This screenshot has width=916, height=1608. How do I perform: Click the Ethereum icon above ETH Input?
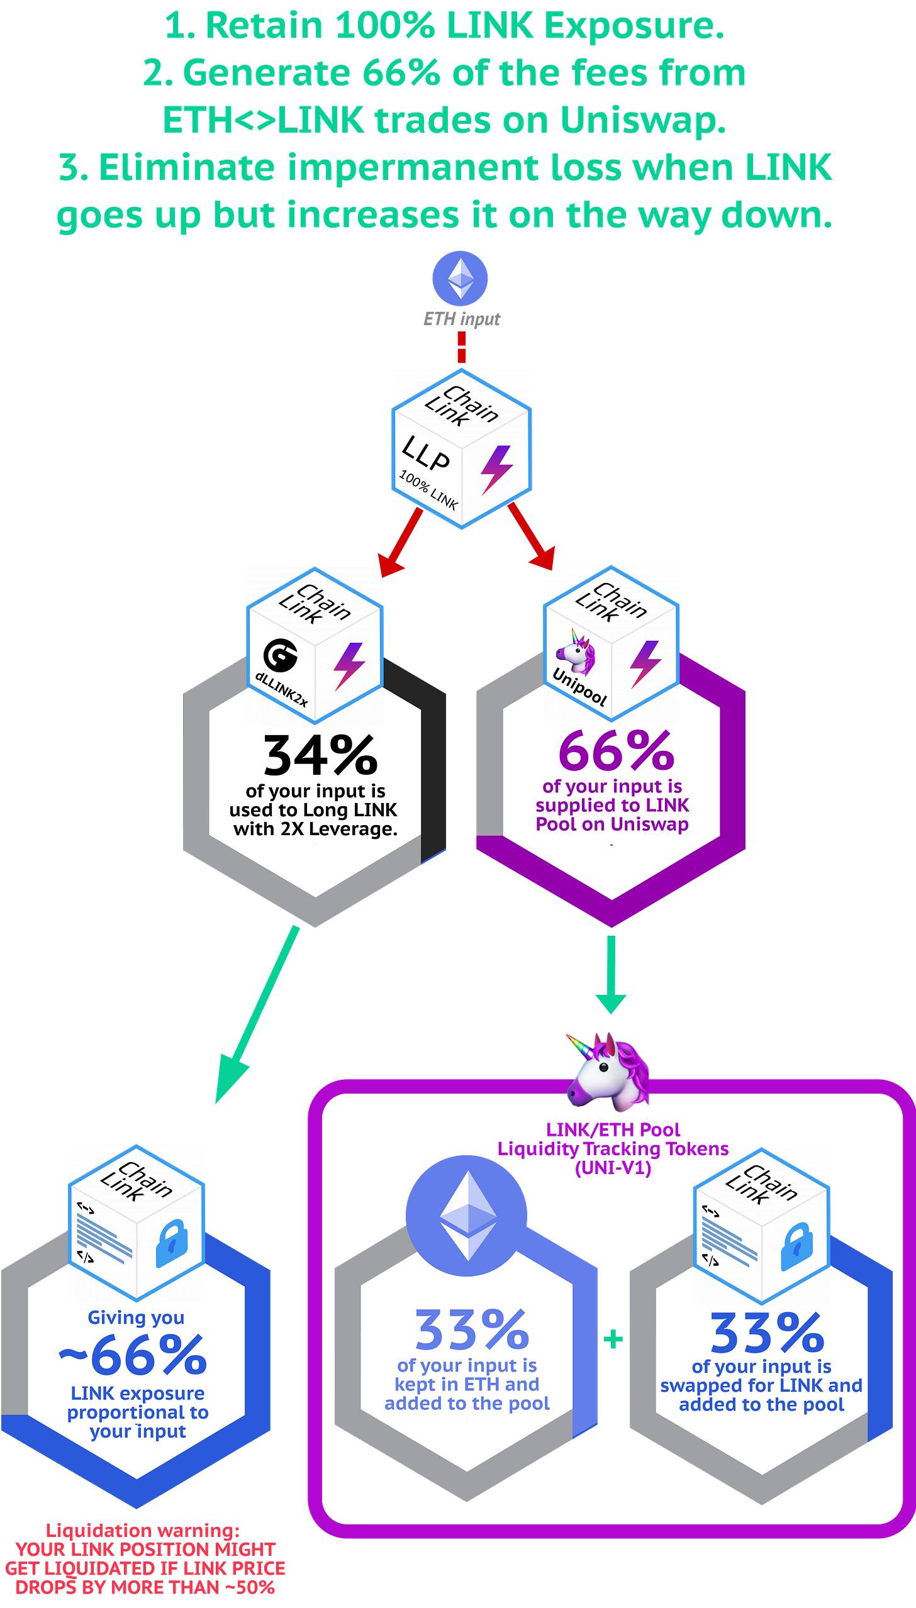point(460,279)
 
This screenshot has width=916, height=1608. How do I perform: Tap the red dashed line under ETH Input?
point(461,347)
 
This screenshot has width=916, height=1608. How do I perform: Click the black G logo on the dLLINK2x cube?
point(281,655)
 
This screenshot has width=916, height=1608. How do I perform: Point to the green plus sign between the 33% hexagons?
point(613,1339)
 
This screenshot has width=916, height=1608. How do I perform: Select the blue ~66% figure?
point(133,1356)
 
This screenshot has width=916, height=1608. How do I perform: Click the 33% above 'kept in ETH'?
point(472,1329)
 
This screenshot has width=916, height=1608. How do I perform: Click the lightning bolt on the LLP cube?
point(496,469)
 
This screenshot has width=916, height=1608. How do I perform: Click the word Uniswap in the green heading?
point(642,119)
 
